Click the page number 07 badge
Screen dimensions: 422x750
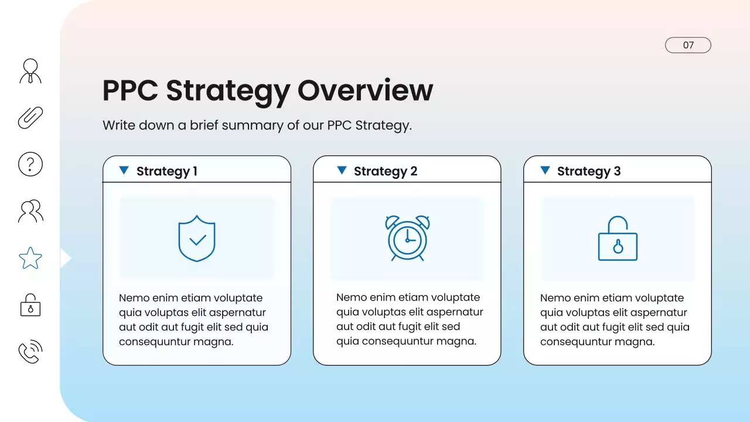tap(688, 45)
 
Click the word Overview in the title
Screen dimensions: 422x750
tap(365, 90)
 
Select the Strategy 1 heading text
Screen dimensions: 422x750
tap(166, 171)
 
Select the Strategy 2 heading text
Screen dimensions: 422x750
tap(386, 171)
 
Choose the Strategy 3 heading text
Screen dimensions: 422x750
tap(588, 171)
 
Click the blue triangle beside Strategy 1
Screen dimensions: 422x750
tap(124, 170)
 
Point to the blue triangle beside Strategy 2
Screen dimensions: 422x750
tap(342, 170)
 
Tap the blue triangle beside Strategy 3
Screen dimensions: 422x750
tap(545, 170)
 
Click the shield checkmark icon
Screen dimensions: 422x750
tap(197, 239)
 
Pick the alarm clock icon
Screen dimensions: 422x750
tap(407, 238)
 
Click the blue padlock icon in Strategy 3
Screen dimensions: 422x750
tap(618, 239)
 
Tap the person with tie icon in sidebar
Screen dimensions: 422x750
tap(30, 71)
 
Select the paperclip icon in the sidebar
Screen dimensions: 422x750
tap(30, 117)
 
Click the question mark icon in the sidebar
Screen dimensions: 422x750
tap(30, 164)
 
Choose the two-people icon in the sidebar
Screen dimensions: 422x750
tap(30, 211)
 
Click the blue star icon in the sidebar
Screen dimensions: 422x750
tap(30, 258)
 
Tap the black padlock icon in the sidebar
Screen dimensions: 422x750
tap(30, 305)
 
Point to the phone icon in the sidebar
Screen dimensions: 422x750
tap(30, 352)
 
